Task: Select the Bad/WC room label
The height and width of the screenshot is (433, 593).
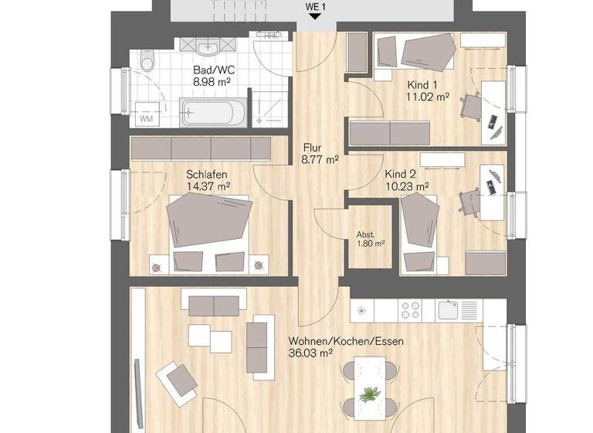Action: [214, 69]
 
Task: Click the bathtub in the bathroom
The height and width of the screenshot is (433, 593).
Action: [213, 112]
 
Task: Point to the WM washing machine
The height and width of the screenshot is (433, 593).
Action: [147, 118]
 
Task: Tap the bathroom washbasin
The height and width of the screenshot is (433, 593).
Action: [207, 47]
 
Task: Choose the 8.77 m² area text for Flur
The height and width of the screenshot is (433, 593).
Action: [320, 160]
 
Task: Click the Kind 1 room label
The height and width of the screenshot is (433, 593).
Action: [422, 84]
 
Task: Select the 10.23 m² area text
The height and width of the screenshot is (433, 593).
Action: [408, 186]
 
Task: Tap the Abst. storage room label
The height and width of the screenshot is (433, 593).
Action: [366, 234]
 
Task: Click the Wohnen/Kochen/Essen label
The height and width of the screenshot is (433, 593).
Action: [346, 341]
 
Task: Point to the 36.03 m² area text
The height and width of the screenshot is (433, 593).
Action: [310, 353]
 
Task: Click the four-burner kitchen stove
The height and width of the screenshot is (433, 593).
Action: [410, 309]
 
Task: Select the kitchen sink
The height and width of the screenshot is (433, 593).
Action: [449, 309]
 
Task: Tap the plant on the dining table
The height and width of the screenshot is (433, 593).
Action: [371, 393]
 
